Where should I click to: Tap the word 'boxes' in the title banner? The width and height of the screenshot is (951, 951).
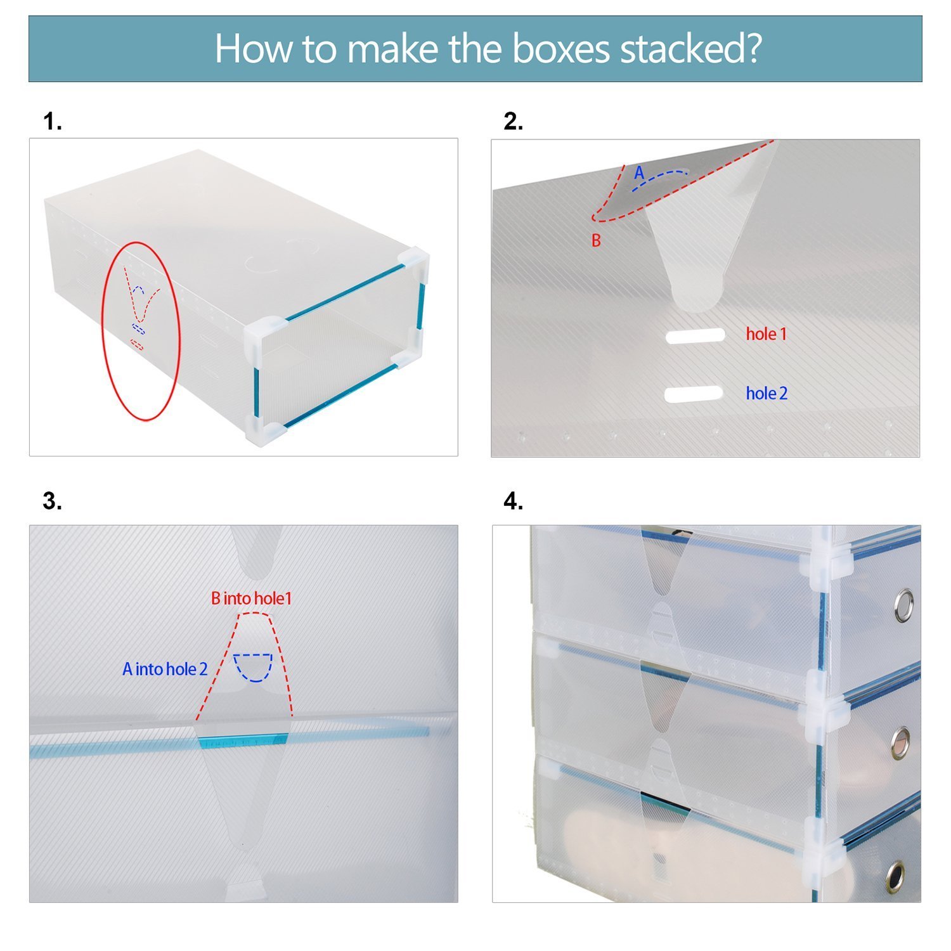pos(560,49)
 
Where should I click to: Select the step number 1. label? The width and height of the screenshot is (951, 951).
pos(53,121)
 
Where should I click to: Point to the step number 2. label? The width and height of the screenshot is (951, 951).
pos(514,121)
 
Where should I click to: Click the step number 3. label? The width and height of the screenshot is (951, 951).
pos(53,501)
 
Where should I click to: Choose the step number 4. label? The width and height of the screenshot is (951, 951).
pos(514,501)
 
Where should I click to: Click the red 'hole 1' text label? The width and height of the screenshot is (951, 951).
pos(767,334)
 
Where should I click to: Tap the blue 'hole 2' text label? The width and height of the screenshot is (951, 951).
pos(767,393)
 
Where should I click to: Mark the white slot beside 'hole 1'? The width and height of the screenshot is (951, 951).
pos(695,335)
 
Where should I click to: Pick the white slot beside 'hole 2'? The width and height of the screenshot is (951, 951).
pos(694,394)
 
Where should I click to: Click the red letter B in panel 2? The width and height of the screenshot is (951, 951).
pos(596,241)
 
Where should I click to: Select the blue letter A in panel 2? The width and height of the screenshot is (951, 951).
pos(639,172)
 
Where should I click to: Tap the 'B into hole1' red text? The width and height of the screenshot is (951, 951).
pos(252,598)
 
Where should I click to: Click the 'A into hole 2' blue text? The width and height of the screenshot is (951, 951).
pos(165,669)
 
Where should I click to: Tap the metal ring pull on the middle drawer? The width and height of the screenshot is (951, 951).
pos(900,742)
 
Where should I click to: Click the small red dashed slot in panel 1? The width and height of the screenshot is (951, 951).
pos(137,344)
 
